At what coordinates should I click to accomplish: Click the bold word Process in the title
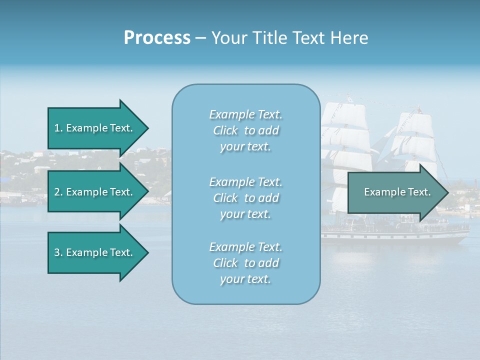click(157, 38)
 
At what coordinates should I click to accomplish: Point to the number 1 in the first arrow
click(57, 128)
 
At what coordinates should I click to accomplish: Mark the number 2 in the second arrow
click(57, 192)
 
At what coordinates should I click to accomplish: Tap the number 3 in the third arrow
click(57, 252)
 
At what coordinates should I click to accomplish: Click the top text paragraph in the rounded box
click(245, 130)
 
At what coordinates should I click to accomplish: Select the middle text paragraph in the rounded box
click(245, 198)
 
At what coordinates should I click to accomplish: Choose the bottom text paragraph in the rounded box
click(245, 263)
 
